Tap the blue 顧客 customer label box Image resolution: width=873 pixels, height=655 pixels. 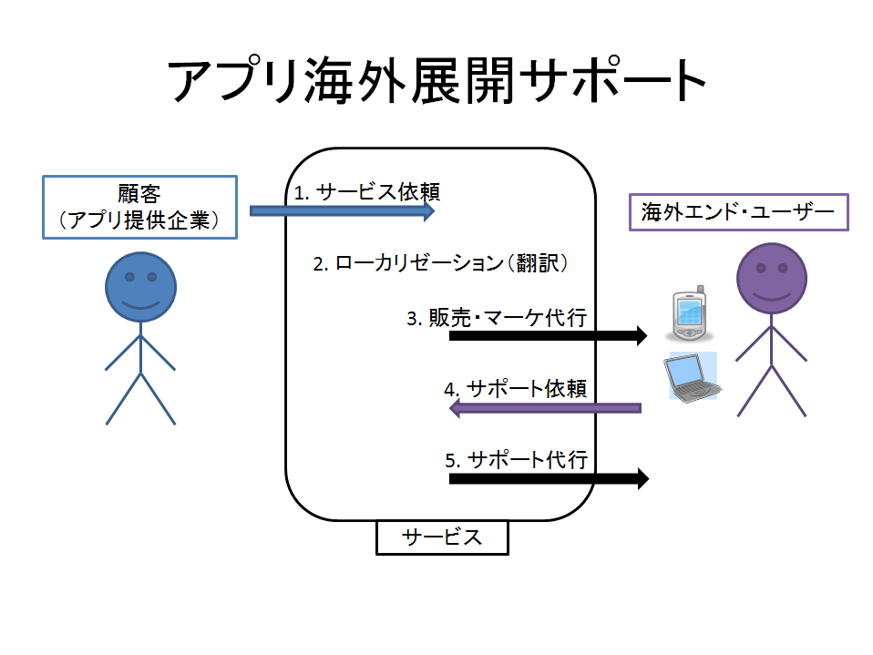(x=139, y=208)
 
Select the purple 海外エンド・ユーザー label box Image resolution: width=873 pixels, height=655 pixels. (x=738, y=212)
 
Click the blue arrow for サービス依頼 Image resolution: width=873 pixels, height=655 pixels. (x=342, y=211)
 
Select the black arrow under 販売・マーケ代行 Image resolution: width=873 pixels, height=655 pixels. (x=547, y=335)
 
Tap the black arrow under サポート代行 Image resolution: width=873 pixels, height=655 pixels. (x=548, y=477)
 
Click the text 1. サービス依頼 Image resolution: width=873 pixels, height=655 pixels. (x=367, y=192)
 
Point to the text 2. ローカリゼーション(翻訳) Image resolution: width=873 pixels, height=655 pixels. (x=441, y=264)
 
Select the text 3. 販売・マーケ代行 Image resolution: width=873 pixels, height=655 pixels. (x=496, y=318)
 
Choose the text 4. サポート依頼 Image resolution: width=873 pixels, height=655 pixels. (x=514, y=388)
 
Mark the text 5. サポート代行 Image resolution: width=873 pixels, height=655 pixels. (x=516, y=458)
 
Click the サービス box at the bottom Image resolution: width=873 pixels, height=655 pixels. (x=442, y=537)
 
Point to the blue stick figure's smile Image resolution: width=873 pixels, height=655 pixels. (x=140, y=302)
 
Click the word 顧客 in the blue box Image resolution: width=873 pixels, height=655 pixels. (x=139, y=194)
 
